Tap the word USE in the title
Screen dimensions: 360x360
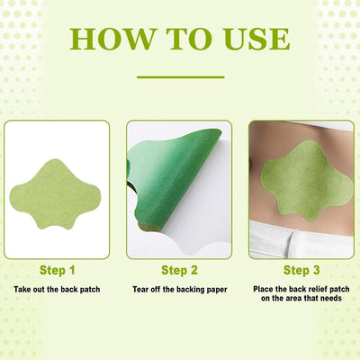(x=251, y=40)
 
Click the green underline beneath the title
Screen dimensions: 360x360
(x=179, y=76)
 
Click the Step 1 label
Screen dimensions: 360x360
(x=57, y=269)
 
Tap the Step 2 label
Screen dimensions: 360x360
(x=180, y=269)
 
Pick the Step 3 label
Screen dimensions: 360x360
(x=301, y=269)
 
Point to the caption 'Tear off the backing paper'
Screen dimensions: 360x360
(x=180, y=289)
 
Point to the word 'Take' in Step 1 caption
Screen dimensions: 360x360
(x=23, y=289)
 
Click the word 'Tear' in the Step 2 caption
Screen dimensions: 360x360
(x=141, y=289)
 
